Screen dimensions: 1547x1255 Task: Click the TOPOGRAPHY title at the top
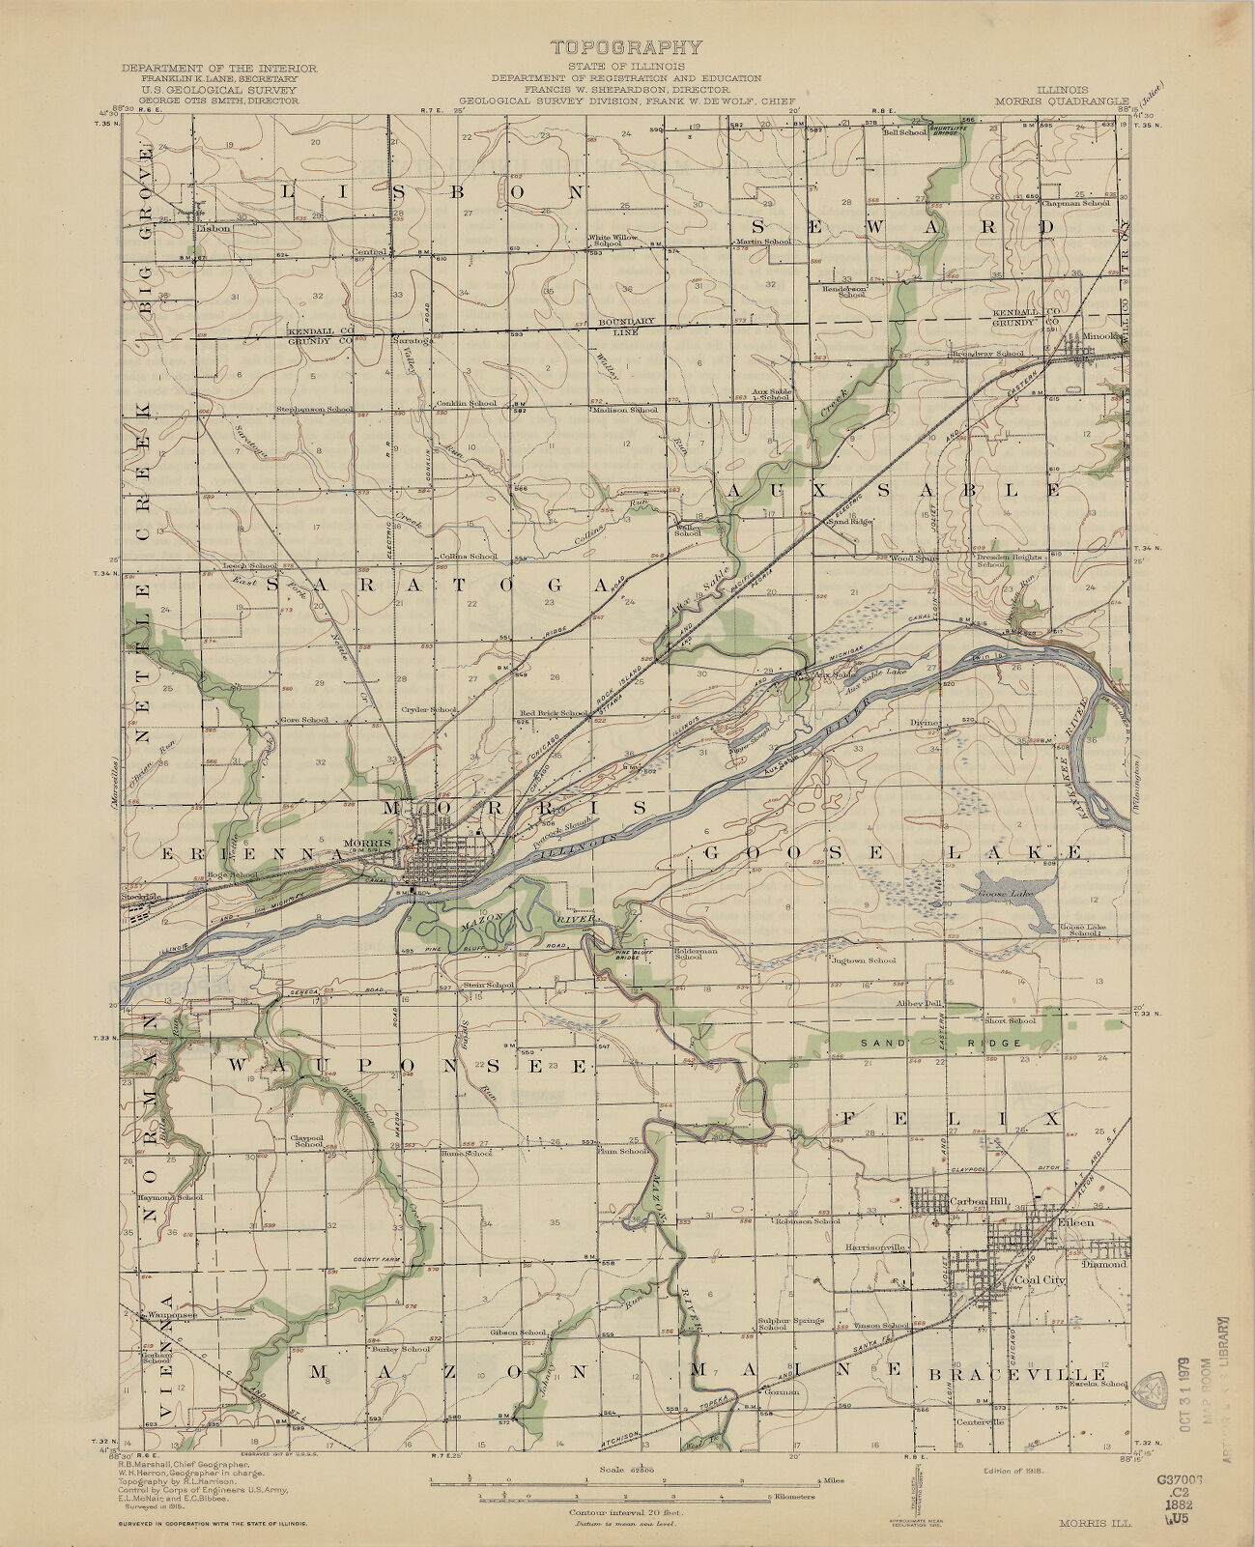pos(626,47)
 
